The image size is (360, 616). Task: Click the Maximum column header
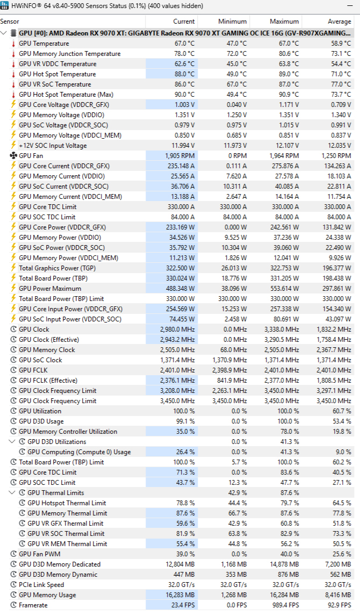(284, 22)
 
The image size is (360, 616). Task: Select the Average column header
(339, 22)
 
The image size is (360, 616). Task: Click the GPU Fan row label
(32, 155)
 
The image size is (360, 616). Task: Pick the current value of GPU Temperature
(184, 44)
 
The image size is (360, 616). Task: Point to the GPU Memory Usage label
(47, 595)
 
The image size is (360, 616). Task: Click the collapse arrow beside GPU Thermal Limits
(12, 493)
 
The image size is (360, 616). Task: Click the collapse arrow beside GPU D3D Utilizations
(12, 442)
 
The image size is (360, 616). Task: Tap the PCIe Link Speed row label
(41, 585)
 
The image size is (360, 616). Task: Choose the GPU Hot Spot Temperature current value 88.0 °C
(184, 74)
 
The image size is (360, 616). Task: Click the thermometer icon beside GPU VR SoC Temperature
(13, 84)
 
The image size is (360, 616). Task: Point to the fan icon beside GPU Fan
(13, 155)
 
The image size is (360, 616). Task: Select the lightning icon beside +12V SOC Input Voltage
(13, 146)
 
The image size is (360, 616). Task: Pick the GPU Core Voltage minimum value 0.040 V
(235, 105)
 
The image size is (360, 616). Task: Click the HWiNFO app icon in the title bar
(5, 6)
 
